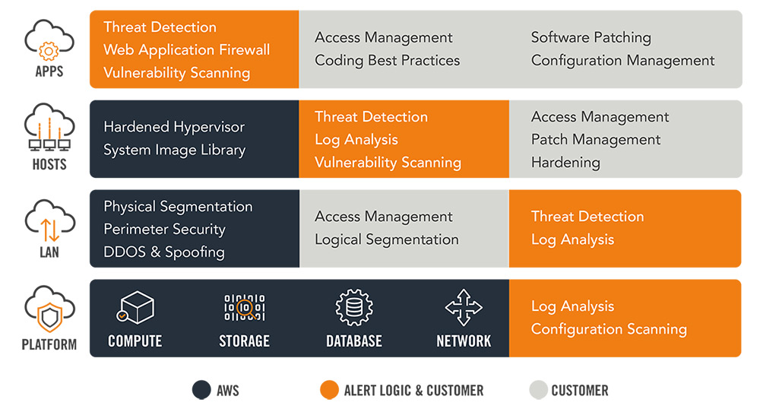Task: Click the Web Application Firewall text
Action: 187,50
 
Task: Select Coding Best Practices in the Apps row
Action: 388,61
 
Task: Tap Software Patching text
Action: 591,38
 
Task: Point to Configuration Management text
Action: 623,61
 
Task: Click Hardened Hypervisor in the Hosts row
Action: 174,128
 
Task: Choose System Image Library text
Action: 175,151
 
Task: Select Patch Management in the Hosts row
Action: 596,140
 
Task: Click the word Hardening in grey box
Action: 565,163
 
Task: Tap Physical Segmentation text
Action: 178,207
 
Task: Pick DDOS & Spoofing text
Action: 164,252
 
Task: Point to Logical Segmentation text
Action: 386,240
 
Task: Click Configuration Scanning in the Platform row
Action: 609,329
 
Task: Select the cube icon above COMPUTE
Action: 135,307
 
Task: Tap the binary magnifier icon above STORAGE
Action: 244,307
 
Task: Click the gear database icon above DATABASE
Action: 354,307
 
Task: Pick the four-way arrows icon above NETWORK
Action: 464,307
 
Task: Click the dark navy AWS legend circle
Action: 201,390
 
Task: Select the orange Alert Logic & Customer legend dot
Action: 329,390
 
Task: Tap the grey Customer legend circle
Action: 539,390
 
